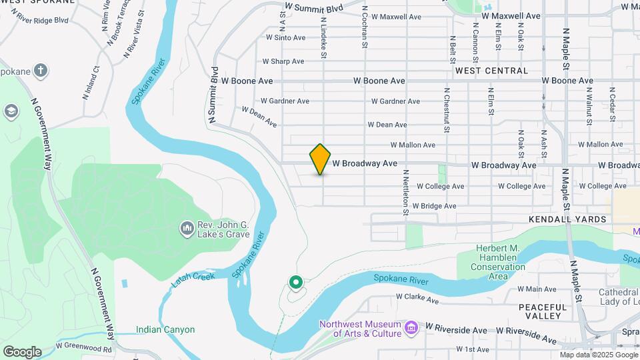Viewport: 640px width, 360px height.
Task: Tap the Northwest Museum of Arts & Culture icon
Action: click(x=411, y=328)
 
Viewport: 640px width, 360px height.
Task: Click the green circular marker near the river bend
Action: click(x=295, y=283)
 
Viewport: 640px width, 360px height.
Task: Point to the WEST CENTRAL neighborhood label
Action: click(x=492, y=70)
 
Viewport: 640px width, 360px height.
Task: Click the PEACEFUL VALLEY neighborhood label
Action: click(x=542, y=311)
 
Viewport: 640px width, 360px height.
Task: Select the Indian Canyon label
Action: click(x=165, y=329)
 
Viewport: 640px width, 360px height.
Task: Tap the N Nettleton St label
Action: click(x=405, y=192)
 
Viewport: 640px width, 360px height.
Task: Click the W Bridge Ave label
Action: click(x=434, y=206)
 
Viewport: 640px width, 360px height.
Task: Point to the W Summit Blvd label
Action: click(x=313, y=9)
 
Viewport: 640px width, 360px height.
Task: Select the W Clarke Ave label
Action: click(x=417, y=299)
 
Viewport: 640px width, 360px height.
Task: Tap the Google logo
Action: click(x=22, y=351)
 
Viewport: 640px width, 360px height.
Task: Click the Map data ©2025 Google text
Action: click(x=598, y=355)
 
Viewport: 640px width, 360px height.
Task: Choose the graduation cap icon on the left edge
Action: click(x=11, y=111)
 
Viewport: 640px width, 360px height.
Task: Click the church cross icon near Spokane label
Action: click(x=41, y=69)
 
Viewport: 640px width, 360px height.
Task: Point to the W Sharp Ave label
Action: click(x=283, y=61)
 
